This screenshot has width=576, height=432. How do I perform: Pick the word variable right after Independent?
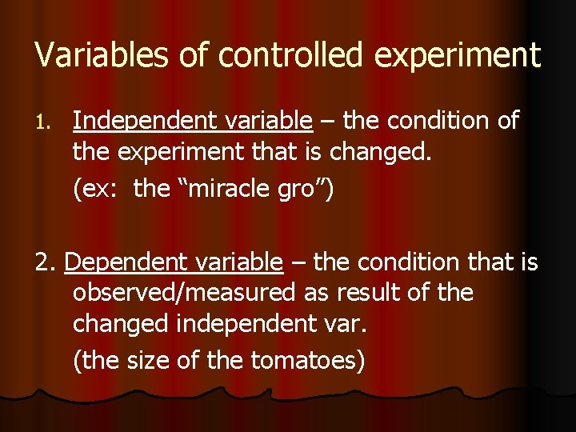point(267,121)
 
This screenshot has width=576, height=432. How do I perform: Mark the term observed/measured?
point(184,293)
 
